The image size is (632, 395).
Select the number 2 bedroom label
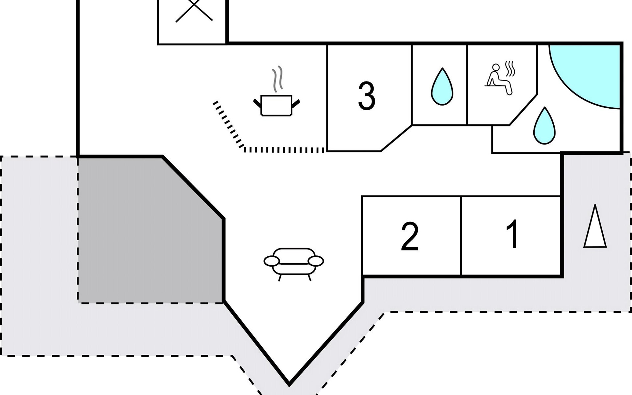pyautogui.click(x=410, y=236)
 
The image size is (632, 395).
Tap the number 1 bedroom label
pyautogui.click(x=512, y=234)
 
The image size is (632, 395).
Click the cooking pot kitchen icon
pyautogui.click(x=276, y=105)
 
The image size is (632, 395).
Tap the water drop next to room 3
pyautogui.click(x=442, y=87)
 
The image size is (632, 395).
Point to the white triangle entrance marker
pyautogui.click(x=595, y=227)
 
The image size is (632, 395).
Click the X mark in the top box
pyautogui.click(x=194, y=11)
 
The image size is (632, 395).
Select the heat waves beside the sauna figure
pyautogui.click(x=510, y=69)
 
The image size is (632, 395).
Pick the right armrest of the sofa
pyautogui.click(x=316, y=261)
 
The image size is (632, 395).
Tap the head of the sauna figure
pyautogui.click(x=496, y=67)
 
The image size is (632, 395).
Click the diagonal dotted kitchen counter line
pyautogui.click(x=228, y=124)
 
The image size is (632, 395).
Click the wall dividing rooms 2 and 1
pyautogui.click(x=461, y=236)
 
